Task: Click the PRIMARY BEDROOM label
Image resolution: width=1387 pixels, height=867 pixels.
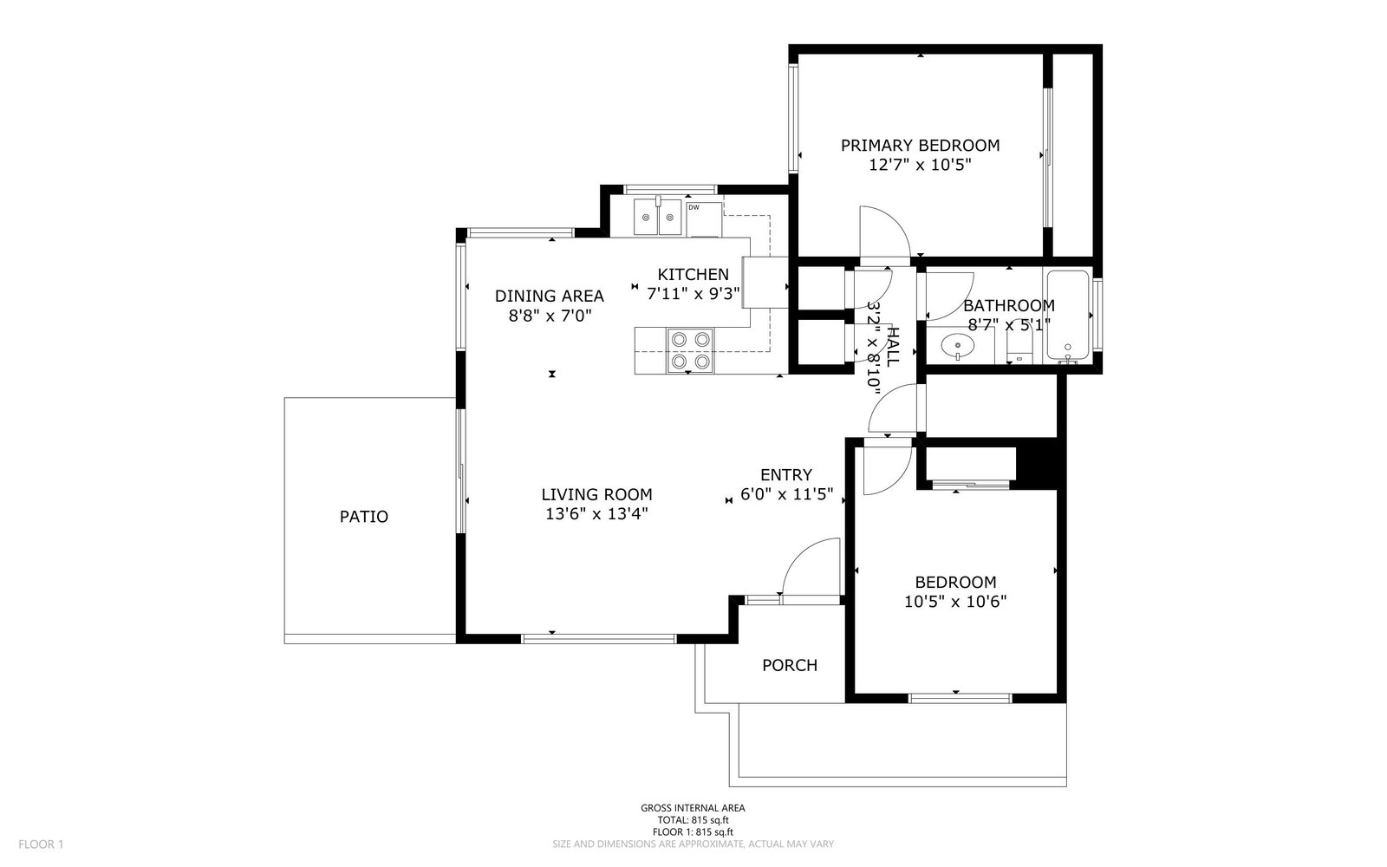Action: [920, 146]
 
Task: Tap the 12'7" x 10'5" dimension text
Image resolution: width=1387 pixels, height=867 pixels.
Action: [920, 165]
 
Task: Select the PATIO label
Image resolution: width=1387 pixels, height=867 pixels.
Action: [364, 517]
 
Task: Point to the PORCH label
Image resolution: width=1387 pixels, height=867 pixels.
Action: [790, 665]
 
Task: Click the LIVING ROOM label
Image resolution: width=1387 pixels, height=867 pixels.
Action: [597, 495]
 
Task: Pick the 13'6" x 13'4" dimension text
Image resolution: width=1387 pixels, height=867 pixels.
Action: [597, 514]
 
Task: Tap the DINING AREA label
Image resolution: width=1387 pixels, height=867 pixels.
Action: [550, 296]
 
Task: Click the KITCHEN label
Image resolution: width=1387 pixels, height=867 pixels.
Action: [693, 274]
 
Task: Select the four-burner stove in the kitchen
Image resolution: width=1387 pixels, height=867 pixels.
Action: [690, 350]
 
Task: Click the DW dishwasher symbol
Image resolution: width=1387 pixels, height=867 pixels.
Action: [704, 219]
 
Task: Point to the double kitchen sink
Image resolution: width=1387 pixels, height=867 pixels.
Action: [658, 217]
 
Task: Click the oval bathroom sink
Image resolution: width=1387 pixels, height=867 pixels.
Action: [957, 346]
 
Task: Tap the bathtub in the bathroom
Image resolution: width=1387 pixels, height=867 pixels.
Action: [1067, 316]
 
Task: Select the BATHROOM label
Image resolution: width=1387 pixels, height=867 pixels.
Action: [1009, 306]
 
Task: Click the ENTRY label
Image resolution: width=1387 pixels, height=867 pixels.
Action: [785, 475]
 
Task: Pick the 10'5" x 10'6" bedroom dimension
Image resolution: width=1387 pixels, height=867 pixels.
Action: [955, 602]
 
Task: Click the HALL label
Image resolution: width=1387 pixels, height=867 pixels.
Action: [892, 348]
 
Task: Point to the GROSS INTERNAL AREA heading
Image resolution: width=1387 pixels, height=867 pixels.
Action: [693, 808]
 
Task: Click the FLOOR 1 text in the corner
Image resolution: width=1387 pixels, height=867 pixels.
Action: [41, 844]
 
